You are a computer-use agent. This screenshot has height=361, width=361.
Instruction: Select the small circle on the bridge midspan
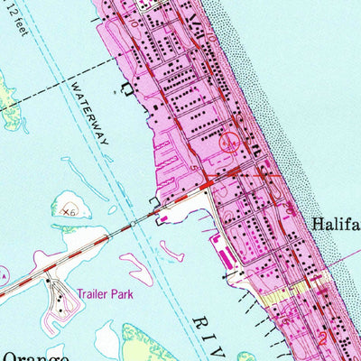[x=134, y=220]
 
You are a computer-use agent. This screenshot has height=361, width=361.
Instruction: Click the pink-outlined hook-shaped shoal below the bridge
[x=171, y=248]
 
